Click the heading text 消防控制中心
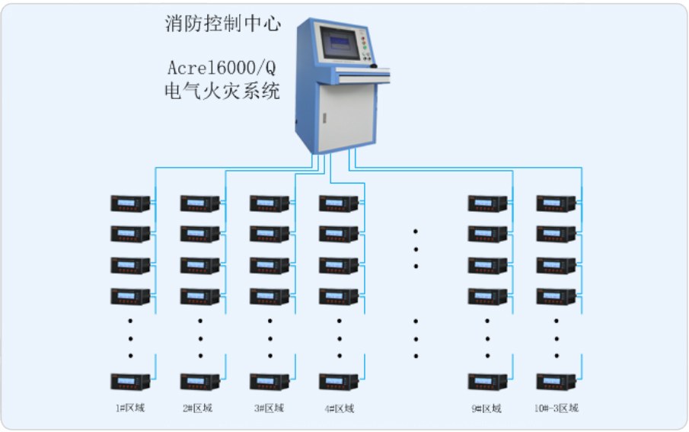(x=223, y=24)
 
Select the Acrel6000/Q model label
(x=223, y=67)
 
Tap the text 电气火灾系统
(x=223, y=92)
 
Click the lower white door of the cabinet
(x=346, y=114)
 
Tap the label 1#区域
(x=130, y=408)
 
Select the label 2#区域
(x=200, y=408)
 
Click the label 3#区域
(x=270, y=408)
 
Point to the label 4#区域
(x=340, y=408)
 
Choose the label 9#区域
(x=487, y=408)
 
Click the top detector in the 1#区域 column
(x=130, y=203)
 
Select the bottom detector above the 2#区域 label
(x=200, y=381)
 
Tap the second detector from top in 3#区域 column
(x=270, y=234)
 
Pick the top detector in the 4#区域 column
(x=340, y=203)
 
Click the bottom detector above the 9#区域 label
(x=487, y=381)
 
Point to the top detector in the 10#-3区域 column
(x=556, y=203)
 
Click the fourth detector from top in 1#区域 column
(x=130, y=296)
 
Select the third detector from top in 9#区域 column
(x=487, y=265)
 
